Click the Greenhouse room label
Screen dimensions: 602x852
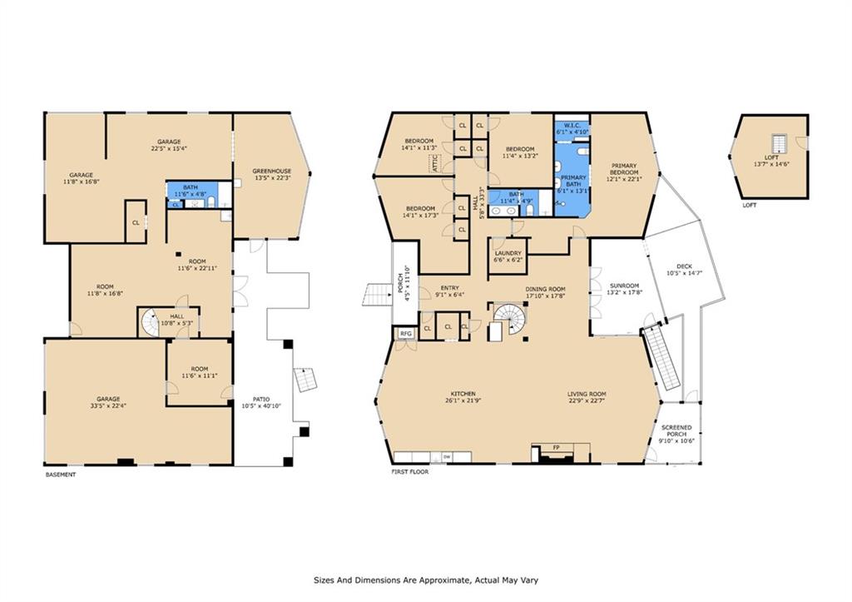[272, 172]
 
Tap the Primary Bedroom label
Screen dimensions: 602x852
[623, 169]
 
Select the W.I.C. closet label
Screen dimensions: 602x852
[572, 125]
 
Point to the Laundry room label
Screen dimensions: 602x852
[508, 253]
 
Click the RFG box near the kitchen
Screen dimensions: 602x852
[405, 333]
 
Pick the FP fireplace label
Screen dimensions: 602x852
[556, 448]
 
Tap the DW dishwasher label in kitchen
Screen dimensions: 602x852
[446, 456]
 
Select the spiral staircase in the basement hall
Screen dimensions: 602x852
[150, 322]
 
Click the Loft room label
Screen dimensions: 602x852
[772, 157]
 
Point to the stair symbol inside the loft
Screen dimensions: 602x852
[779, 142]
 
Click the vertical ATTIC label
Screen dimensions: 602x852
[433, 162]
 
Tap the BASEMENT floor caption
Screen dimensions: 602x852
[61, 475]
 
